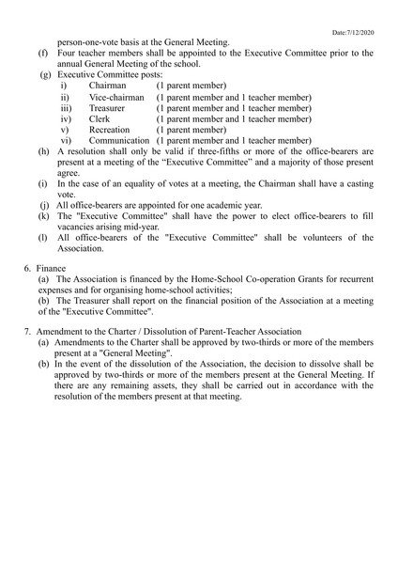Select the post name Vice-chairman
click(x=116, y=97)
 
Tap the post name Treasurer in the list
click(x=108, y=108)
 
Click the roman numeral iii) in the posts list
click(x=66, y=108)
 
